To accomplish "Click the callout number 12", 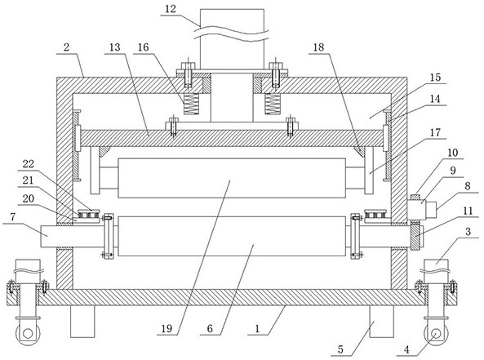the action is (x=171, y=9).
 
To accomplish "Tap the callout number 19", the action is (x=167, y=328).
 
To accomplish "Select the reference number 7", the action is (x=13, y=217).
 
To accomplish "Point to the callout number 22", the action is (x=28, y=164).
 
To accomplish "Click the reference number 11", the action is (x=468, y=211).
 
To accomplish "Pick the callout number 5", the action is (x=340, y=349).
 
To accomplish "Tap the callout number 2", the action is (x=66, y=47).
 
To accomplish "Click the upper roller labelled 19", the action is (x=232, y=178).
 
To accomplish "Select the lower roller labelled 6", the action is (x=232, y=237).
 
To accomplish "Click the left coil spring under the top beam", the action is (x=191, y=104).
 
